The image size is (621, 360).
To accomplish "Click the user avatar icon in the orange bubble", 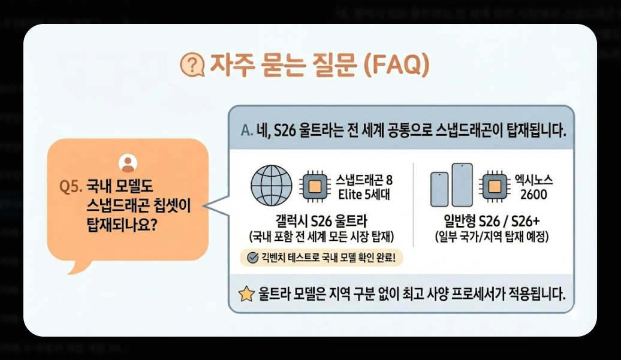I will pos(128,163).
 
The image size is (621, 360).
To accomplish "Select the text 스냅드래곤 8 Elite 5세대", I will pos(364,187).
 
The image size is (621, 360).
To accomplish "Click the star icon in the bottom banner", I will pos(246,294).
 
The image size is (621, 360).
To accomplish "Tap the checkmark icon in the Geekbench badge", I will pos(252,258).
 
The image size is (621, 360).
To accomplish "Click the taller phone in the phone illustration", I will pos(462,185).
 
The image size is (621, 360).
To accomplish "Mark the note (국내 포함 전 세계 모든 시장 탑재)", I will pos(321,237).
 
